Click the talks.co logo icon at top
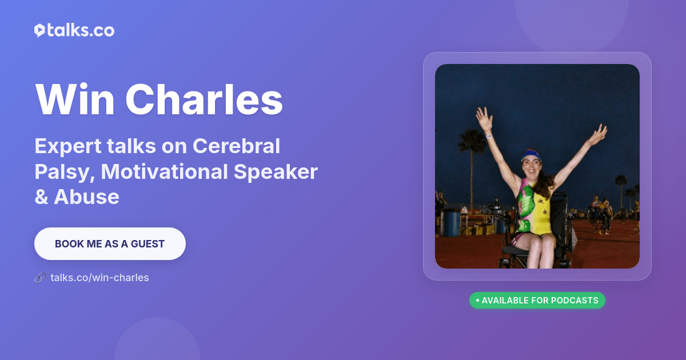click(x=39, y=31)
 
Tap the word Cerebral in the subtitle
click(x=236, y=146)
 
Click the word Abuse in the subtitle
click(x=86, y=197)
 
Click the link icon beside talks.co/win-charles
click(x=39, y=278)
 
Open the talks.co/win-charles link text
click(x=99, y=278)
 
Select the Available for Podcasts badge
click(x=537, y=300)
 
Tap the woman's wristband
click(x=489, y=136)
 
